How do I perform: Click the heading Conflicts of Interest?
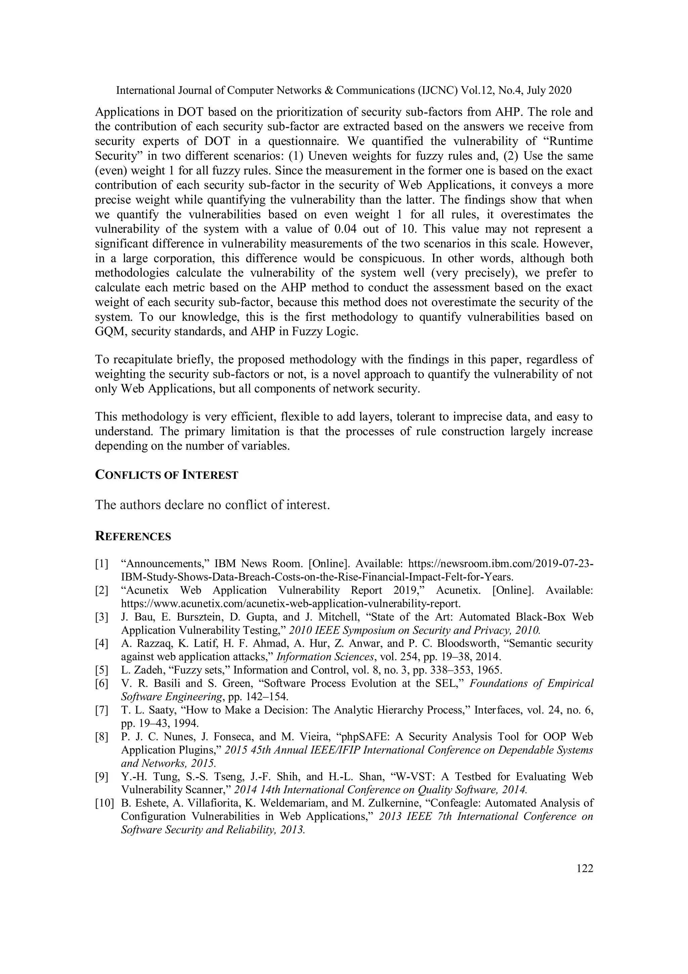click(166, 475)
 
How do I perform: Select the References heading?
click(133, 537)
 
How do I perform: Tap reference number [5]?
click(102, 670)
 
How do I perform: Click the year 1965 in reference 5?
click(489, 670)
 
